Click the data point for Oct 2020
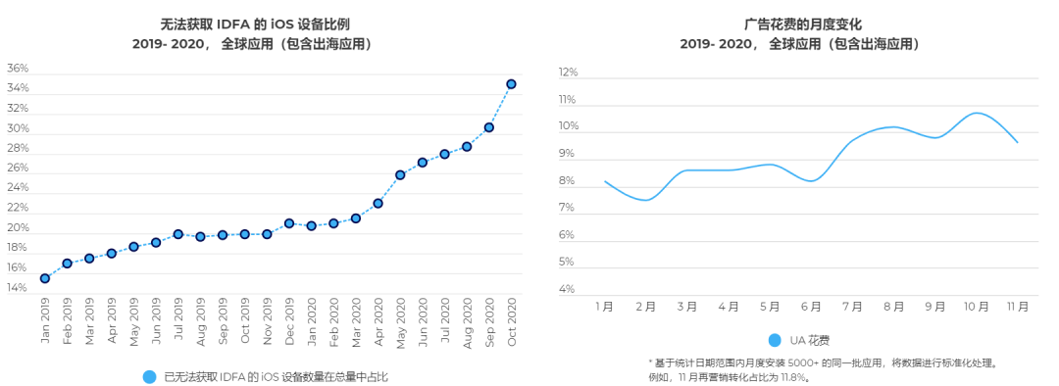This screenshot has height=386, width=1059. [511, 84]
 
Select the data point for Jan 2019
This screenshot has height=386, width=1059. [45, 278]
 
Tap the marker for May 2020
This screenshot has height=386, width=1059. [400, 175]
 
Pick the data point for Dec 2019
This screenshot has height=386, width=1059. [289, 223]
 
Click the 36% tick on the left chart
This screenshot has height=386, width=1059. [18, 69]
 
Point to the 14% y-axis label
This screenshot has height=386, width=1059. [18, 288]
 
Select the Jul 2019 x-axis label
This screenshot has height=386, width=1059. [178, 320]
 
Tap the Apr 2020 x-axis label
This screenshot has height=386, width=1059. [378, 320]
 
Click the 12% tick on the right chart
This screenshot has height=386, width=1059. [568, 72]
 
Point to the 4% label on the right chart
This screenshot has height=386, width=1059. [568, 289]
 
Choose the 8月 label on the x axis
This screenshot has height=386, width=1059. [893, 307]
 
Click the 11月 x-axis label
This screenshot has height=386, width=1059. [1018, 307]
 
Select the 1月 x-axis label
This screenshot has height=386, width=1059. [605, 307]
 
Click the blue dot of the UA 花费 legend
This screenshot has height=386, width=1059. [775, 340]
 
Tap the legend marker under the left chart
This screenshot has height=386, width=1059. [150, 376]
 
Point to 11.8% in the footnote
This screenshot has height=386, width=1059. [792, 376]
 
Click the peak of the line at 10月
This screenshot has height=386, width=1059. [976, 113]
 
